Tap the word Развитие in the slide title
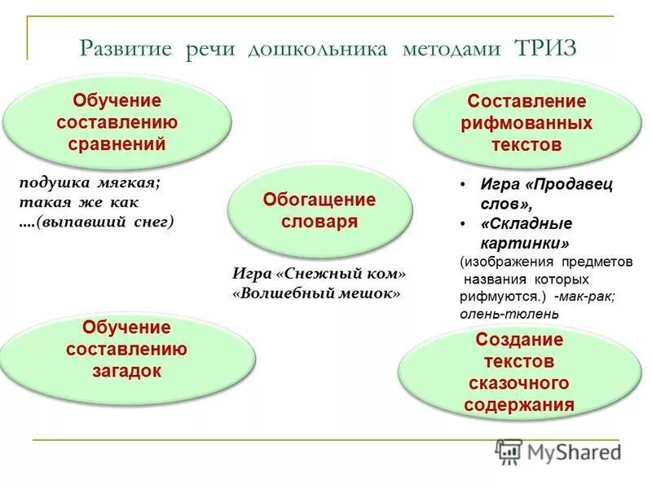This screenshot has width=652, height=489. pos(126,48)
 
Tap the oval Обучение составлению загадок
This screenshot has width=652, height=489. pos(126,349)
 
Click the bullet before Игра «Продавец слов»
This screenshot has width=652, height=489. pos(462,184)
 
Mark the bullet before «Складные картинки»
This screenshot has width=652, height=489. pos(462,223)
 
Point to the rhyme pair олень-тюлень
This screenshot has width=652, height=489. pos(509,313)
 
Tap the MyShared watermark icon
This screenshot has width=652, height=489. pos(509,451)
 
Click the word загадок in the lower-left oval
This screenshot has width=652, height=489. pos(126,370)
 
